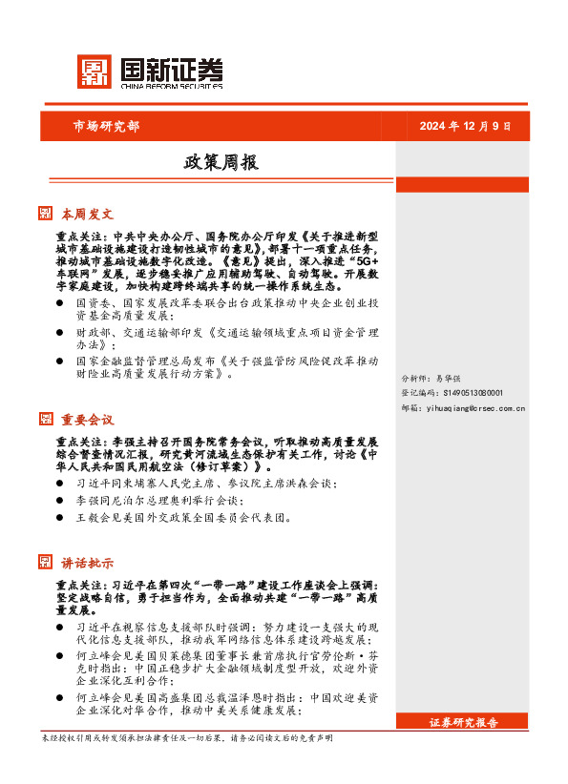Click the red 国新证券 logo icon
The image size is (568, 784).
[95, 72]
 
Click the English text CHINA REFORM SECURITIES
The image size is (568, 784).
[172, 87]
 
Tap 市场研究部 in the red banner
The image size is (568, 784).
[106, 126]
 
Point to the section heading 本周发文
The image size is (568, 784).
[88, 213]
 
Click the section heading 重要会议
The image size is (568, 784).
[88, 419]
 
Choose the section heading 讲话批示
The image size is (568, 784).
[88, 563]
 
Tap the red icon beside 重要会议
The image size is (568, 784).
[45, 419]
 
